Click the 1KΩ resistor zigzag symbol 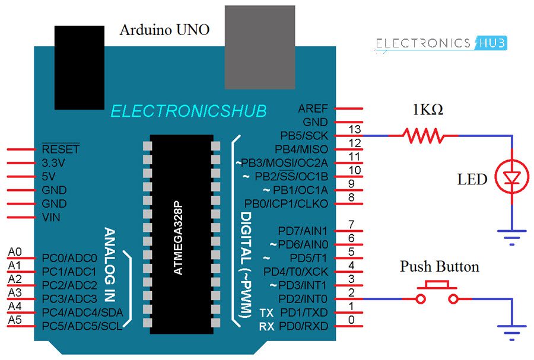coord(424,136)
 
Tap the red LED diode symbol coord(511,177)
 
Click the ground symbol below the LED coord(511,236)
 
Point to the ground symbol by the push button coord(511,332)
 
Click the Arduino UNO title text coord(164,29)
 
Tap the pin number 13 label coord(355,129)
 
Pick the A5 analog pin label coord(15,320)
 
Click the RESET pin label coord(61,149)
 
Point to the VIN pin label coord(52,217)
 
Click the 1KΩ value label coord(428,110)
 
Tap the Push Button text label coord(439,266)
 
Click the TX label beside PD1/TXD coord(266,313)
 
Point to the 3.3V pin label coord(54,163)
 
